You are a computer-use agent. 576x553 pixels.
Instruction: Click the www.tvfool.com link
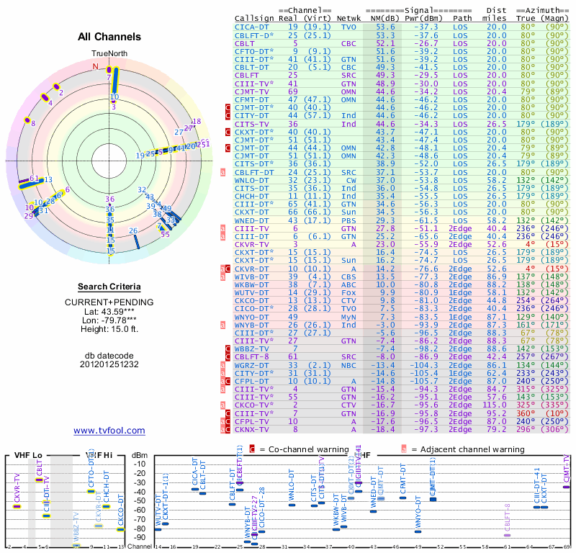point(109,431)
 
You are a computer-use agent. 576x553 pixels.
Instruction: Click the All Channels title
point(109,37)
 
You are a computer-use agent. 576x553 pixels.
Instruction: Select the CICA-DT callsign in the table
point(253,27)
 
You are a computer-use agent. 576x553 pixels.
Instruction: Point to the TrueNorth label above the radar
point(109,53)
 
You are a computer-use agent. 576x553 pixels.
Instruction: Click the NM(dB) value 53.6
point(384,27)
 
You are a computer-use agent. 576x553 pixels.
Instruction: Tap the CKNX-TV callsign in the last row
point(253,429)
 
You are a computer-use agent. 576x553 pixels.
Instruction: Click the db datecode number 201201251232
point(109,364)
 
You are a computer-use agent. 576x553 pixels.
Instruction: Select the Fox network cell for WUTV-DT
point(348,294)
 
